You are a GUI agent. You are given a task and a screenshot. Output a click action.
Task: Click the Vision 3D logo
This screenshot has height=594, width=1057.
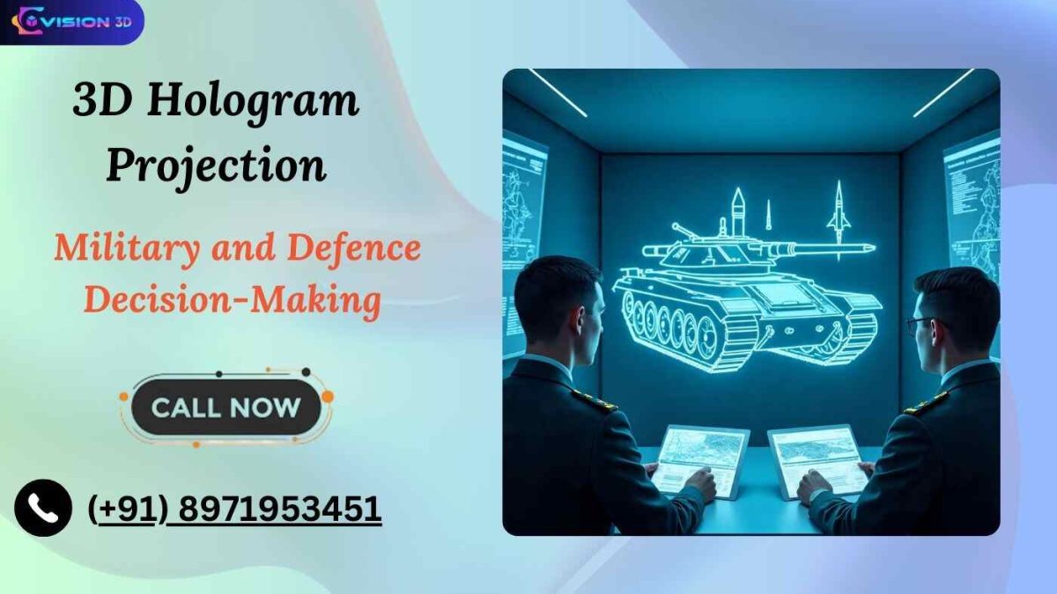[72, 22]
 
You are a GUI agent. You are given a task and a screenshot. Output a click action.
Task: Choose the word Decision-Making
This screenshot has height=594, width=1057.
[233, 301]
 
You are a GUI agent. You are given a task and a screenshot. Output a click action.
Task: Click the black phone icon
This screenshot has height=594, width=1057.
[42, 508]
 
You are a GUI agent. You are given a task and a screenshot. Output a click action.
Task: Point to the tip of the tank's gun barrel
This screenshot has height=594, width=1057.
[871, 249]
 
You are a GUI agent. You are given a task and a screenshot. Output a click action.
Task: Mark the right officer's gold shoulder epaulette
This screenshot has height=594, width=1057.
[925, 402]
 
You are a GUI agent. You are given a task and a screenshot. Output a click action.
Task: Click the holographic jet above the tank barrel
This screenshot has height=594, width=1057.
[838, 211]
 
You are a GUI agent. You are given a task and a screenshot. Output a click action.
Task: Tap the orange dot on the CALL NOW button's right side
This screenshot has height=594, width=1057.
[328, 397]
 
